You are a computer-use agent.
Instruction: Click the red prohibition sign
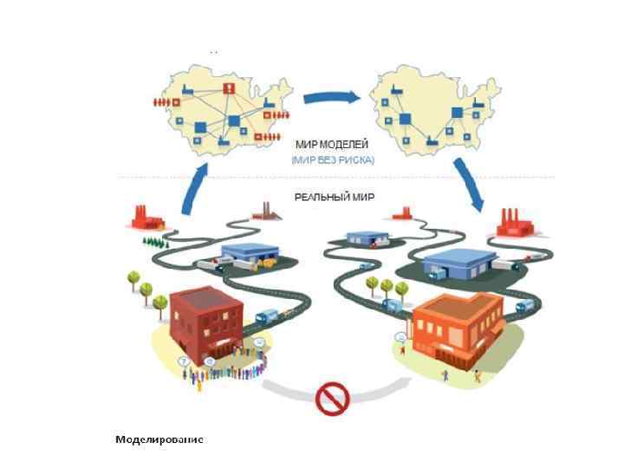(332, 399)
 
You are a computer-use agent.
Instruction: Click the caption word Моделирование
(159, 439)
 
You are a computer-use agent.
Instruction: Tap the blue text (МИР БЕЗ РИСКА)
(332, 160)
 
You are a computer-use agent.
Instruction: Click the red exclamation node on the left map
(226, 88)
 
